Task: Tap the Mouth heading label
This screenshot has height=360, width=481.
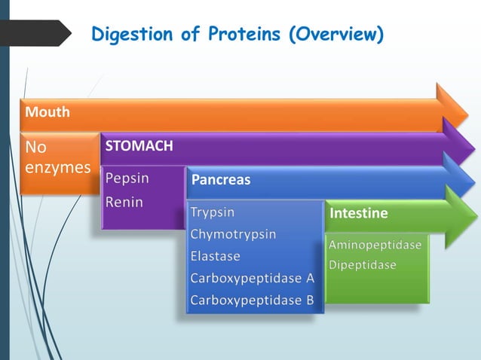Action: (x=47, y=112)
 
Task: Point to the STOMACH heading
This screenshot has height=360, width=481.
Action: (x=139, y=145)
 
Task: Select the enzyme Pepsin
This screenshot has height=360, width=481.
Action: (x=127, y=179)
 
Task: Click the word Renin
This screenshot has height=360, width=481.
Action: (x=124, y=202)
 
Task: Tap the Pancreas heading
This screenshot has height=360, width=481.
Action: (x=221, y=181)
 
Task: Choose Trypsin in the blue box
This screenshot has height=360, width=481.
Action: (x=213, y=212)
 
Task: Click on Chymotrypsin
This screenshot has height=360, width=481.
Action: (x=233, y=234)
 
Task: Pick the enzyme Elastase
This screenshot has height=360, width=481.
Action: (x=216, y=256)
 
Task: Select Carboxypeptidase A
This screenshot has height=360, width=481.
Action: (x=252, y=278)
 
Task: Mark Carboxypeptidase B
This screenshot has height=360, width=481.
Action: (x=252, y=300)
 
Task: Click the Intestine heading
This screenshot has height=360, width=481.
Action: (x=359, y=214)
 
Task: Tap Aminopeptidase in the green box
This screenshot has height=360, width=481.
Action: (x=375, y=245)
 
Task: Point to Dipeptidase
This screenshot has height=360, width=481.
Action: (x=363, y=266)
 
